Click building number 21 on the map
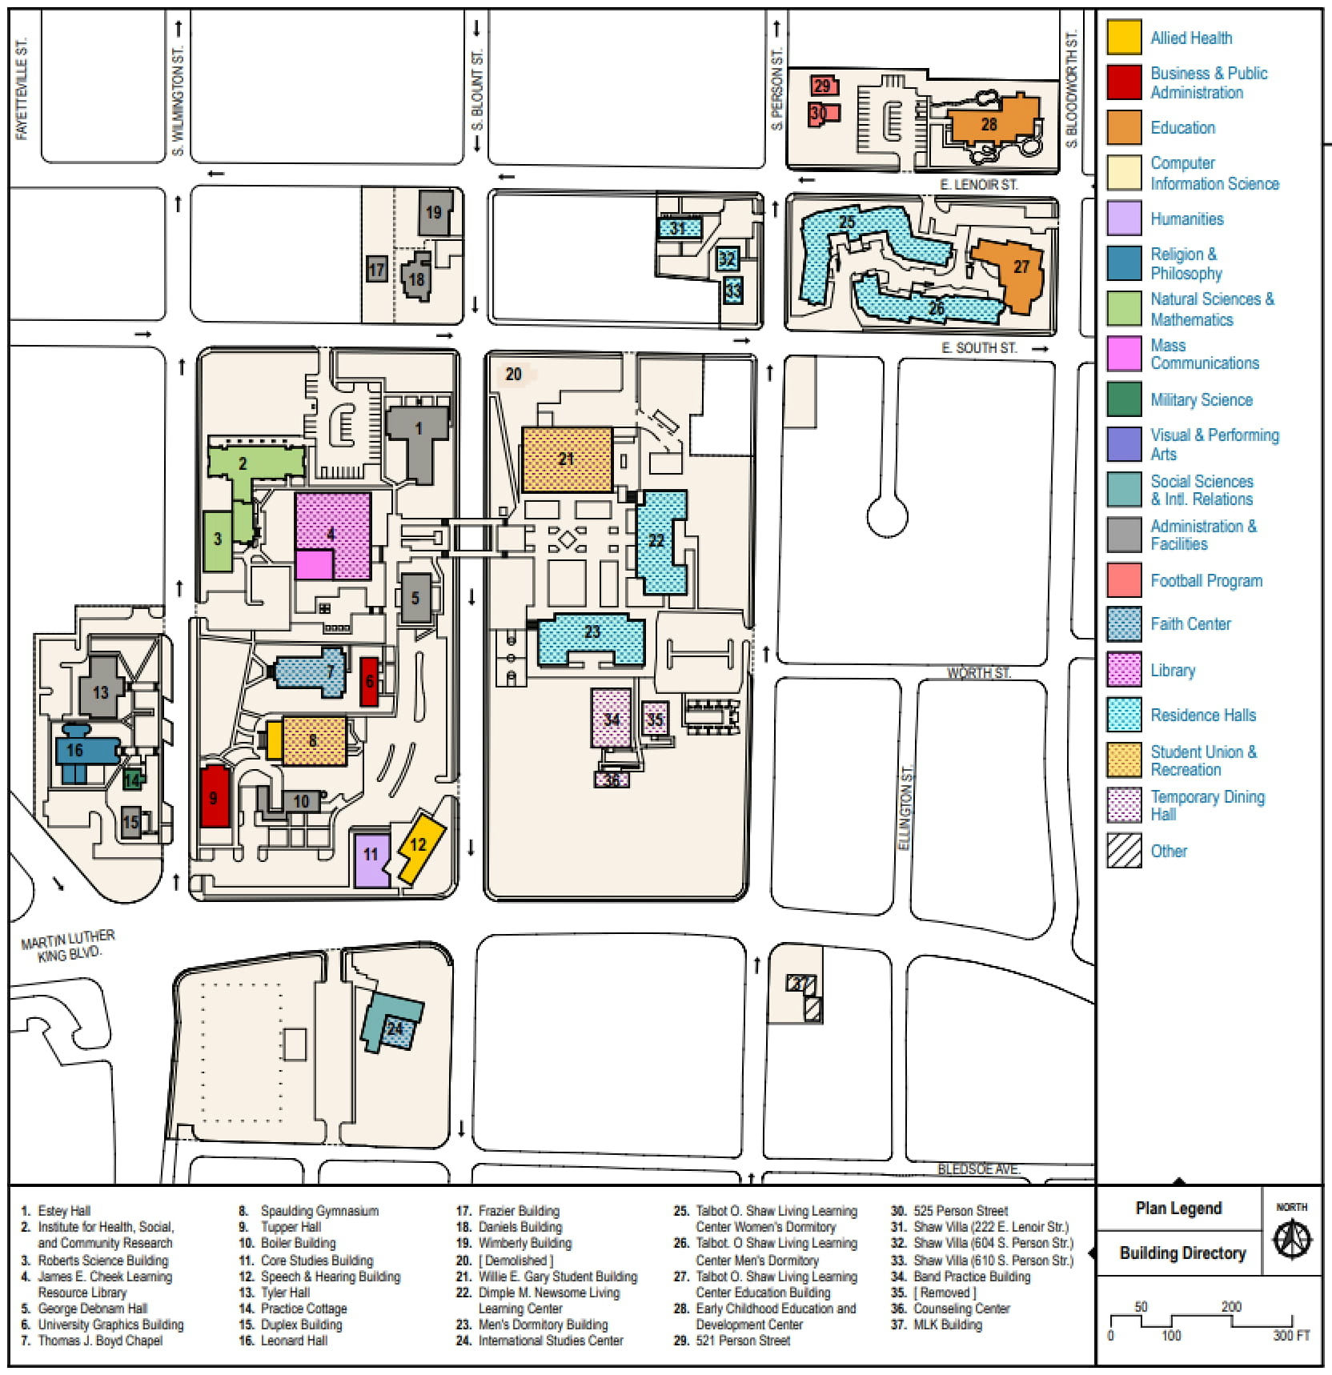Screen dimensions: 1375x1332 567,459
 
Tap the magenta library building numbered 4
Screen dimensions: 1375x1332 333,535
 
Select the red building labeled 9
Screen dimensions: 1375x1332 214,796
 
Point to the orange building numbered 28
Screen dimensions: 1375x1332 990,124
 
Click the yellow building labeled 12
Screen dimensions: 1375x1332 419,847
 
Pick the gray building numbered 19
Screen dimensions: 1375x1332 435,212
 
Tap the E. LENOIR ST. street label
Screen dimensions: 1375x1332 978,185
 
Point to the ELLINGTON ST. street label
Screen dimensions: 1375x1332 905,808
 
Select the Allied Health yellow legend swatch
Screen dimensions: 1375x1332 1124,38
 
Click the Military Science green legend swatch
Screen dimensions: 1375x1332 1124,399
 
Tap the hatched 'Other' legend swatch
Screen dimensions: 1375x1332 1124,851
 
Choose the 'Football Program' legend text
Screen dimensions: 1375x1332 1206,581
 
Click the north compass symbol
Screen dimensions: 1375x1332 1292,1240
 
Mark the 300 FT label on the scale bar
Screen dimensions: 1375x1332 1291,1335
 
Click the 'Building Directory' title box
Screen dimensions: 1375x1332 1182,1253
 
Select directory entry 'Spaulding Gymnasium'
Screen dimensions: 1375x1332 319,1211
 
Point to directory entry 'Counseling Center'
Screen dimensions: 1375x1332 961,1309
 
